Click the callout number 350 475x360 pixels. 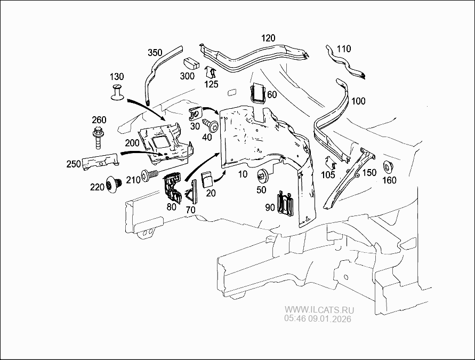pos(155,52)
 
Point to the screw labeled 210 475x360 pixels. pos(150,174)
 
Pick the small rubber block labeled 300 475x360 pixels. pos(191,63)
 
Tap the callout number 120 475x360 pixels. pos(268,38)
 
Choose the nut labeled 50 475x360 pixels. pos(262,175)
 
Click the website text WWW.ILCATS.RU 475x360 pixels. pos(319,310)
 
